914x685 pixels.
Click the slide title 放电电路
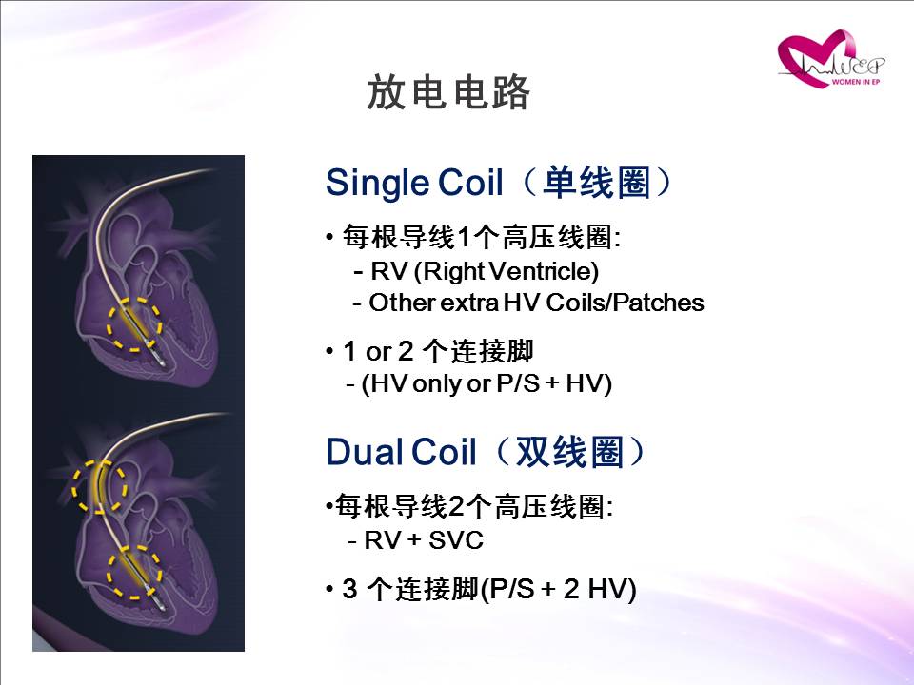tap(448, 92)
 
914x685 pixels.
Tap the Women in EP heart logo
tap(830, 59)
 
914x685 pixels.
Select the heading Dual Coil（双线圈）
tap(487, 452)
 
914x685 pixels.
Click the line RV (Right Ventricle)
tap(484, 271)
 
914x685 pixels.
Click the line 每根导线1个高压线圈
tap(481, 237)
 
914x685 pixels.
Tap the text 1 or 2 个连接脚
tap(438, 351)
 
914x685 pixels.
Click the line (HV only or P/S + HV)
tap(487, 383)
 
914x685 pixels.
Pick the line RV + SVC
tap(423, 540)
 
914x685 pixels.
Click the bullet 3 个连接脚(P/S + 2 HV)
tap(488, 589)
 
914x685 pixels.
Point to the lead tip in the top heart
tap(161, 362)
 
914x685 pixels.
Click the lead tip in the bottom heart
tap(161, 607)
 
